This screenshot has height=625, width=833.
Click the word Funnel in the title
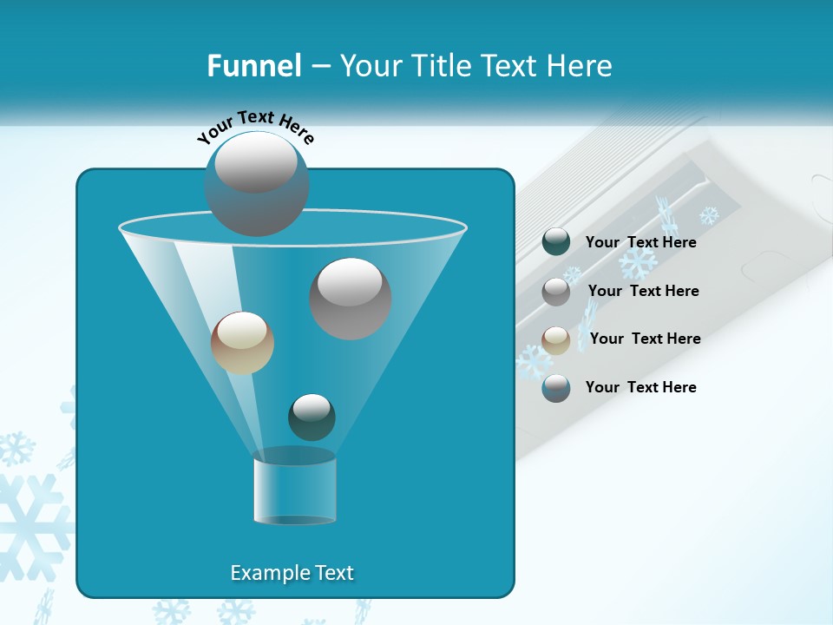pyautogui.click(x=253, y=66)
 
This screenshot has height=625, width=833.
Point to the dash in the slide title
pyautogui.click(x=319, y=67)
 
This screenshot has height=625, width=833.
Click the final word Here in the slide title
pyautogui.click(x=581, y=66)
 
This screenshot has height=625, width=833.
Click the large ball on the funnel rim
pyautogui.click(x=257, y=183)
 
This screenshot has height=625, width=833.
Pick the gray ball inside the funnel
pyautogui.click(x=351, y=299)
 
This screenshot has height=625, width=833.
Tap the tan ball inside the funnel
pyautogui.click(x=242, y=343)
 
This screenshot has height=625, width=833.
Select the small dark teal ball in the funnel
pyautogui.click(x=312, y=417)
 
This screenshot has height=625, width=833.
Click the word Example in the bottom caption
pyautogui.click(x=261, y=573)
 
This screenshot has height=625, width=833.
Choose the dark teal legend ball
pyautogui.click(x=556, y=242)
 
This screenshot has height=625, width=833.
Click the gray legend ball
pyautogui.click(x=556, y=292)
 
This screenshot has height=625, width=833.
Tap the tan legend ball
pyautogui.click(x=556, y=339)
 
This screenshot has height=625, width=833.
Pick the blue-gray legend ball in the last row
pyautogui.click(x=556, y=388)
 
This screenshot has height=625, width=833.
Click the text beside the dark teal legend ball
pyautogui.click(x=640, y=242)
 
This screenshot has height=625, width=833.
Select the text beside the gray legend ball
pyautogui.click(x=643, y=291)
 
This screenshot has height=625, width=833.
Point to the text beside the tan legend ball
pyautogui.click(x=645, y=339)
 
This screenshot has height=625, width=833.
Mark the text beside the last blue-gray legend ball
pyautogui.click(x=640, y=387)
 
